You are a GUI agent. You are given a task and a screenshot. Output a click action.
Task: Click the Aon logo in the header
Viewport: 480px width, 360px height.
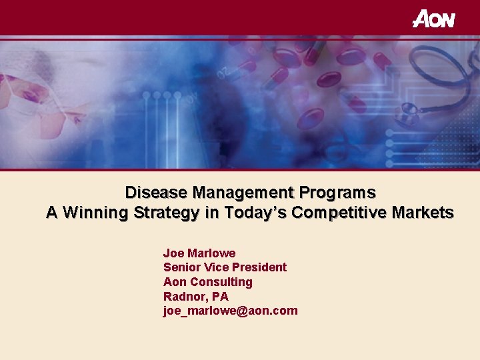coord(434,19)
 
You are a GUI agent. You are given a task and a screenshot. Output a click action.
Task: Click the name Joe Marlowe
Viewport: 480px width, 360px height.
coord(199,253)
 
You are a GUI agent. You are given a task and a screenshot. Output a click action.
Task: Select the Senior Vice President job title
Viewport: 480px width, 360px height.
coord(225,267)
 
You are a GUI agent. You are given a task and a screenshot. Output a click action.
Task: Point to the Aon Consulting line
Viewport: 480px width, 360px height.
coord(207,282)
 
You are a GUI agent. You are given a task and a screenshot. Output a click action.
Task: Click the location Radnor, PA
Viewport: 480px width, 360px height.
coord(195,297)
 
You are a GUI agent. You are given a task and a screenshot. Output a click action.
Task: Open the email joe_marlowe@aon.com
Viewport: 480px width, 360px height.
coord(230,311)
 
